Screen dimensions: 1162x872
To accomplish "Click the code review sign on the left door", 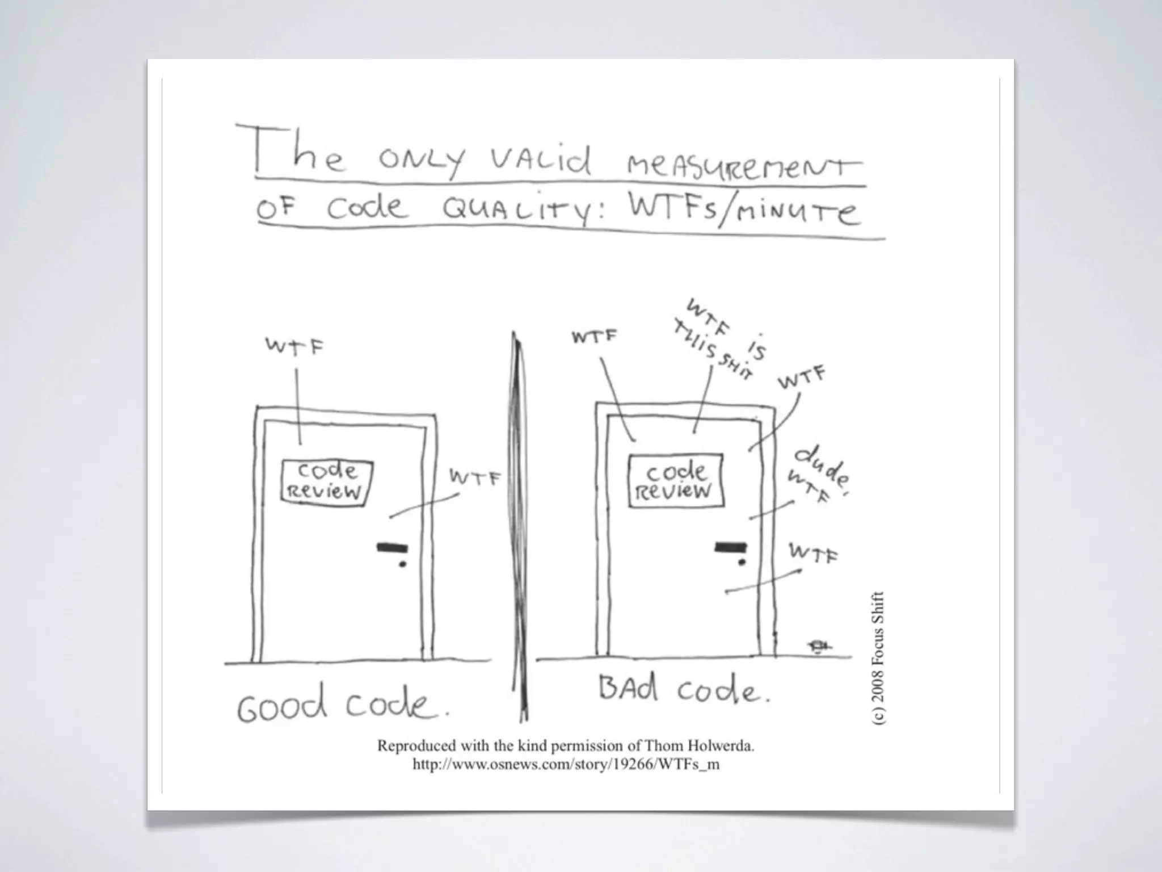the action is tap(327, 481).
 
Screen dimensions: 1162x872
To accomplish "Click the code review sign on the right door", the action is tap(676, 480).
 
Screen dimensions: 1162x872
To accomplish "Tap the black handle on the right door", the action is tap(730, 547).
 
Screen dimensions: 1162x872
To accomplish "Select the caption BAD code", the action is tap(684, 690).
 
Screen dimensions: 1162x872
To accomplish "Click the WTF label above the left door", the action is tap(294, 346).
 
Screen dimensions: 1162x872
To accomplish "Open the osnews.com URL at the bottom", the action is tap(566, 765).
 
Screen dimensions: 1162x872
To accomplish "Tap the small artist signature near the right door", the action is tap(819, 645).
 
